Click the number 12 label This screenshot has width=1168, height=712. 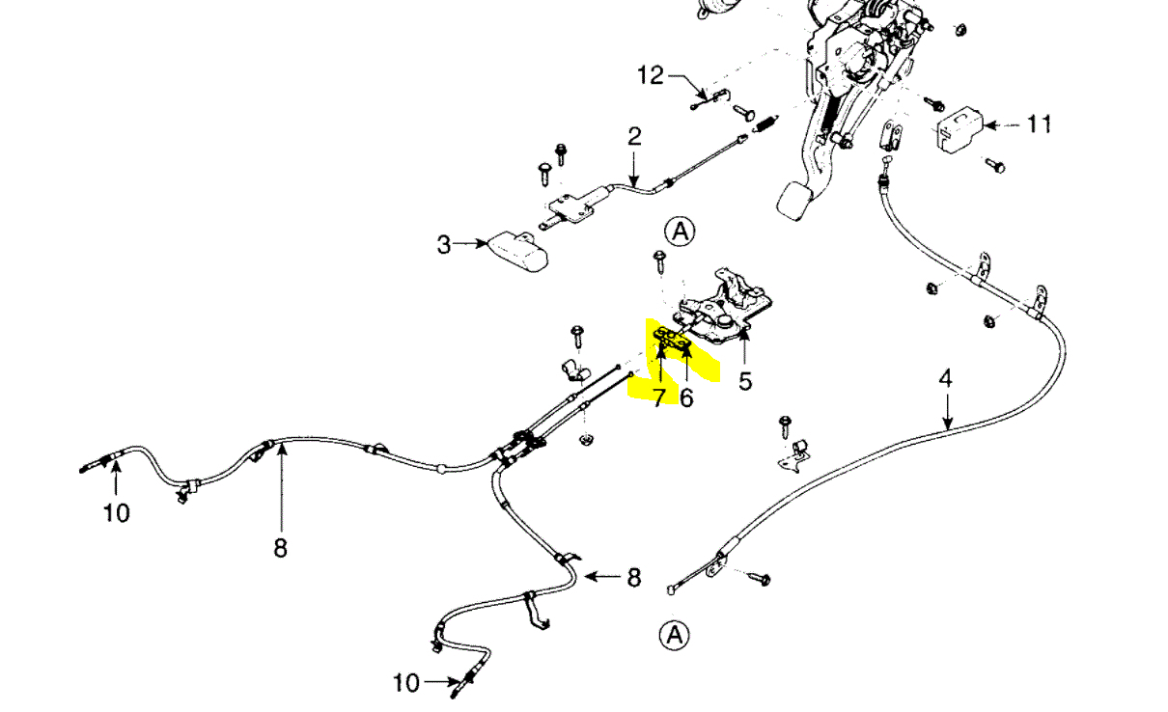tap(652, 75)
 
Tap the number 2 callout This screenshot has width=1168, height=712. tap(633, 136)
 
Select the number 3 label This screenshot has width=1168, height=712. tap(443, 245)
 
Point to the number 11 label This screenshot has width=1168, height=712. tap(1039, 124)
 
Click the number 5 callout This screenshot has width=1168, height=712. tap(745, 381)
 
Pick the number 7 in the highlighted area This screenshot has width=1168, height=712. tap(658, 397)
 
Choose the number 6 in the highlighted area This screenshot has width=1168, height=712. tap(686, 397)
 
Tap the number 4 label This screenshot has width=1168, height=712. tap(946, 378)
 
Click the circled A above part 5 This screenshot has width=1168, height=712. tap(680, 231)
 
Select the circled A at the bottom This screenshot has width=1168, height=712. tap(674, 634)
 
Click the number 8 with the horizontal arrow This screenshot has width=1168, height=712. tap(633, 577)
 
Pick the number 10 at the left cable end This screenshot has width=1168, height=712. tap(116, 512)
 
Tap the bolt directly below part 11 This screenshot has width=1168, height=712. tap(994, 166)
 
